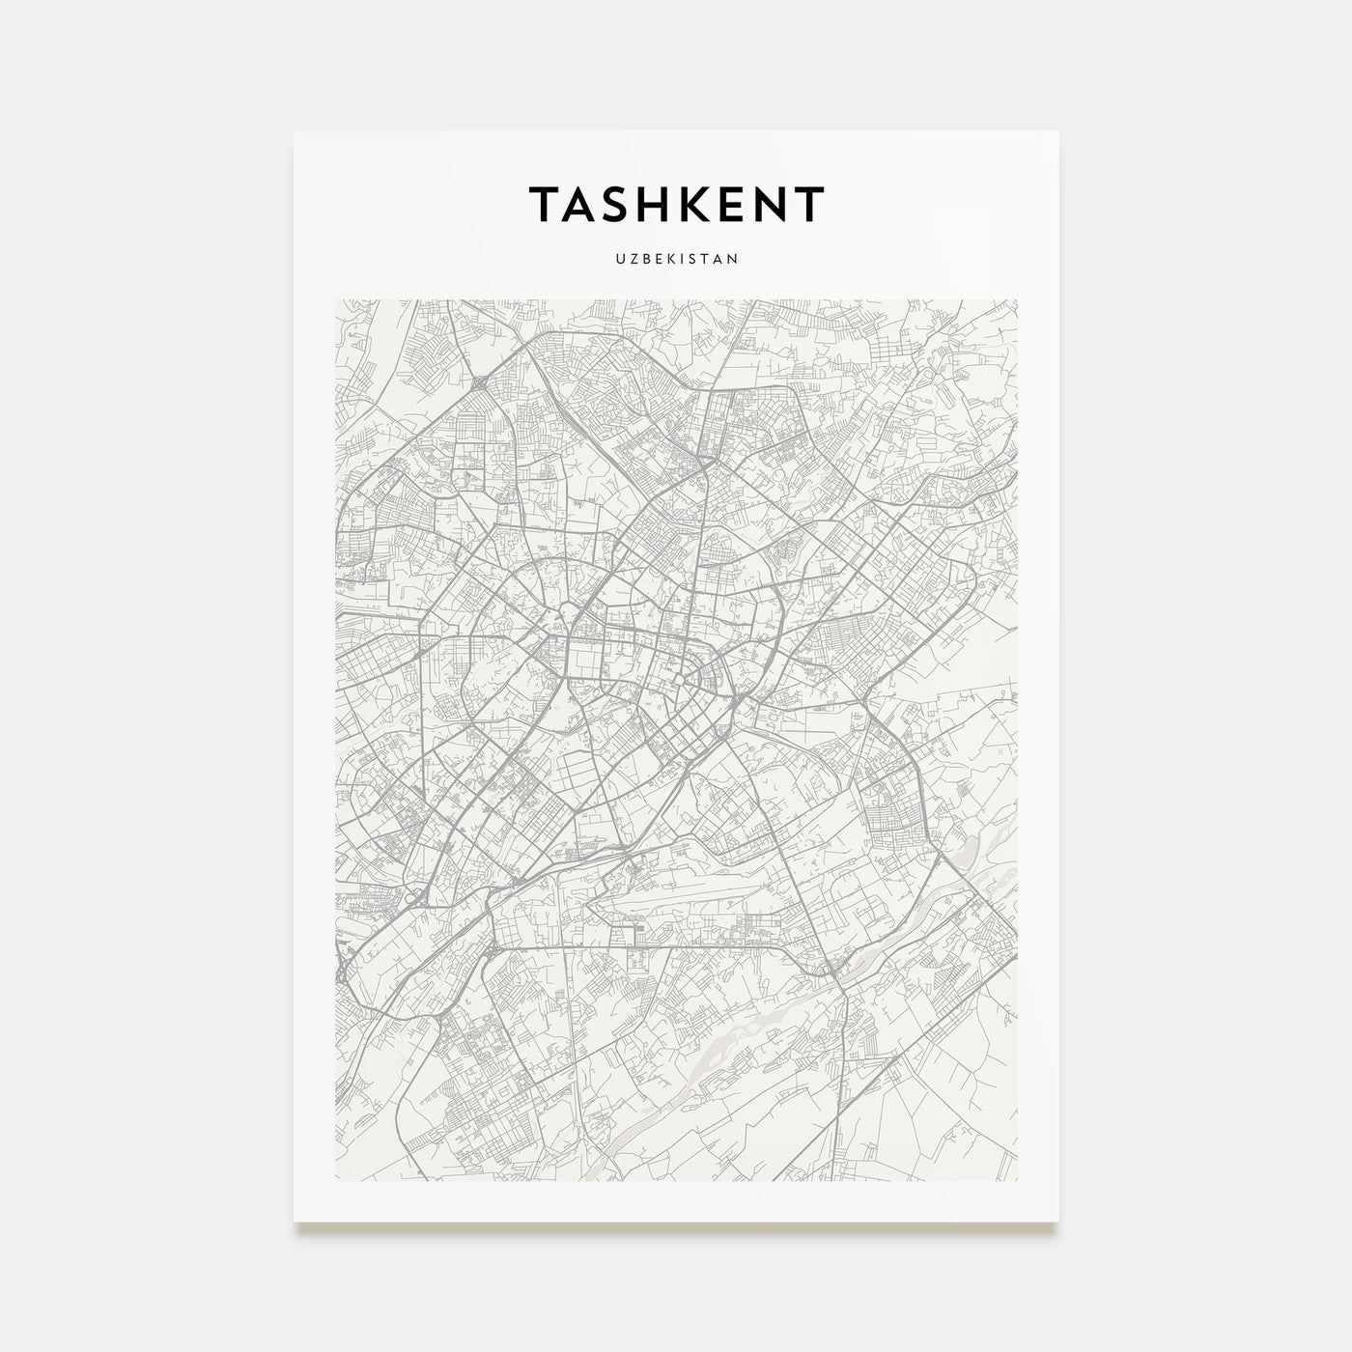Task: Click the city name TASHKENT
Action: [x=676, y=204]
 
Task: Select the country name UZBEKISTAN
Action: [x=676, y=259]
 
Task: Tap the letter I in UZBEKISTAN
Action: [x=682, y=259]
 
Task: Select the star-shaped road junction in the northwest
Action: [x=480, y=385]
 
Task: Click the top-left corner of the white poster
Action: [x=295, y=132]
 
